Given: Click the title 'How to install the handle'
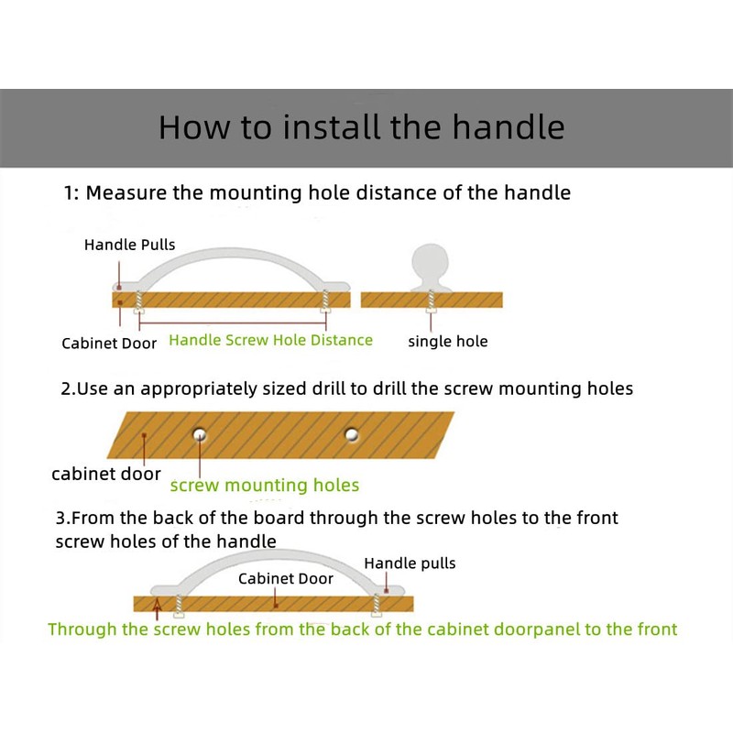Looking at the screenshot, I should tap(361, 127).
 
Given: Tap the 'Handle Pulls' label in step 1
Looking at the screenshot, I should tap(129, 245).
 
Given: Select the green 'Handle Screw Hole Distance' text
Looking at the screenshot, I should tap(271, 340).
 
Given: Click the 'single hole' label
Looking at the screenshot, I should tap(447, 342).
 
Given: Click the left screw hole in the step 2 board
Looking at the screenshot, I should tap(198, 432).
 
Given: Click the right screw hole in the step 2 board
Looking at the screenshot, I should tap(351, 432).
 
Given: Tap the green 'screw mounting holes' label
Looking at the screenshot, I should tap(264, 485).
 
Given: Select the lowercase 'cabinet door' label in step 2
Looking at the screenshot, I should tap(105, 475).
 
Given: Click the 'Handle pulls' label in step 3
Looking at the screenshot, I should tap(410, 563).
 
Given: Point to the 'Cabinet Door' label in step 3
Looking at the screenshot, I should tap(285, 578).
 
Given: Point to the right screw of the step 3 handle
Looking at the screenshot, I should tap(375, 605).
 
